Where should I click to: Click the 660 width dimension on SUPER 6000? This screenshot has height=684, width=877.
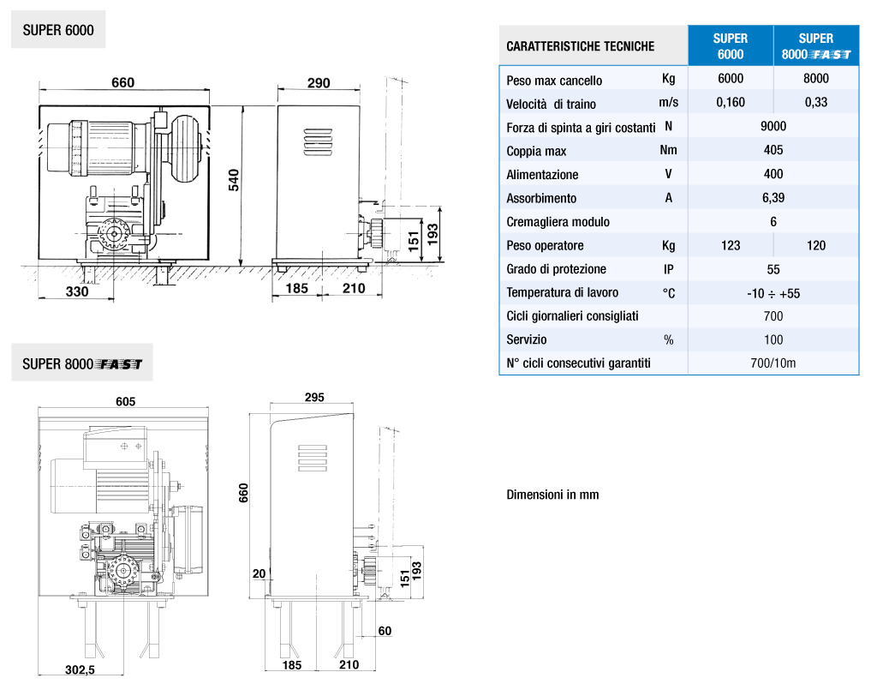[x=122, y=82]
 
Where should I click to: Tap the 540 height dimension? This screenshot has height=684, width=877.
[x=234, y=180]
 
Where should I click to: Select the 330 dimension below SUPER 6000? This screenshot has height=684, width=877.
[x=77, y=291]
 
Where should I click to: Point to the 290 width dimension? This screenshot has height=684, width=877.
[x=319, y=83]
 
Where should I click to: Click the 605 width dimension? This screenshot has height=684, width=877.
[x=125, y=401]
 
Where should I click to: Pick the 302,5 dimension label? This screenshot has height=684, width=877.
[x=80, y=669]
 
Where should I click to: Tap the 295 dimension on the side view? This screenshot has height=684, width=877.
[x=314, y=397]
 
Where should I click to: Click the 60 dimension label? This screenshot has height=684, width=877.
[x=385, y=631]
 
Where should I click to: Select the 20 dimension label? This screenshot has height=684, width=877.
[x=259, y=573]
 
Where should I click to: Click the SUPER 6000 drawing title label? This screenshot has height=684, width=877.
[x=58, y=30]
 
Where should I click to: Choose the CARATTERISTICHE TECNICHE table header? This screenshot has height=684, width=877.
[x=581, y=46]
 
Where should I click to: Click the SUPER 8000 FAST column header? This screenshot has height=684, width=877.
[x=816, y=46]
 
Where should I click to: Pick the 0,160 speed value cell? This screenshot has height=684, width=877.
[x=731, y=102]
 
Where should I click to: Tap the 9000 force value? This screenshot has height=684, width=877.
[x=773, y=126]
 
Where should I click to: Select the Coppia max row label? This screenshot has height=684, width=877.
[x=536, y=151]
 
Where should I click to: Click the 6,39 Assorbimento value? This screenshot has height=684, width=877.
[x=773, y=198]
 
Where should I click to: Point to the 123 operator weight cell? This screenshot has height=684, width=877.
[x=731, y=245]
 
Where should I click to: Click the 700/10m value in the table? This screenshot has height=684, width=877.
[x=773, y=363]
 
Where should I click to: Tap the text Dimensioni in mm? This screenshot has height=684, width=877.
[x=552, y=495]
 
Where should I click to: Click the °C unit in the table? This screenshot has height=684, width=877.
[x=668, y=293]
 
